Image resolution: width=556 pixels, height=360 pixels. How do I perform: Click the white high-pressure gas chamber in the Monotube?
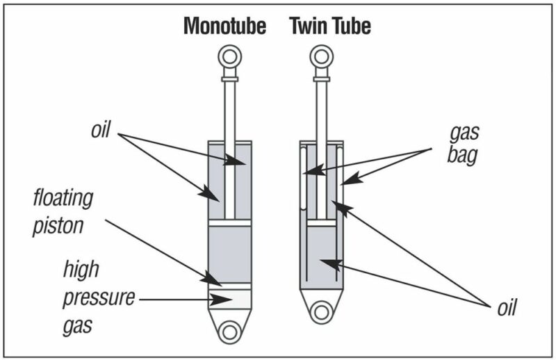point(229,300)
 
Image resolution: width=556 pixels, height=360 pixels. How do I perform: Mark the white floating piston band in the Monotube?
point(229,285)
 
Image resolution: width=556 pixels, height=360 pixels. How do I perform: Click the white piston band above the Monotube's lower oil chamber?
point(229,224)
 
